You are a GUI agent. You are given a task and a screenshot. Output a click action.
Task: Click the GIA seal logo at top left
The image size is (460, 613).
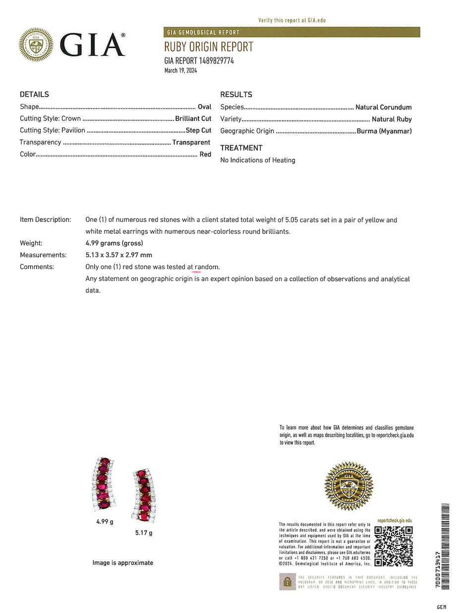click(36, 45)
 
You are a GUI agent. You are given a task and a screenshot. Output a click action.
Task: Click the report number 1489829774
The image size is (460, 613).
click(216, 61)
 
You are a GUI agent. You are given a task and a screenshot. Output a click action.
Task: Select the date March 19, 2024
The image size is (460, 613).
click(180, 70)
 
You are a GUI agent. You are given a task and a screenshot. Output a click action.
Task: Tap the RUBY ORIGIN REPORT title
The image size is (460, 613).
click(209, 47)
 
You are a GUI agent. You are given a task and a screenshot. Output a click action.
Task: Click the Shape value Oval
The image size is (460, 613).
click(204, 107)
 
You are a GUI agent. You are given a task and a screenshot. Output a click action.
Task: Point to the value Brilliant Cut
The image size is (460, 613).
click(193, 118)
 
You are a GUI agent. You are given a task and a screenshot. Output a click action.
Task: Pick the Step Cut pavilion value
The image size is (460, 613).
click(198, 130)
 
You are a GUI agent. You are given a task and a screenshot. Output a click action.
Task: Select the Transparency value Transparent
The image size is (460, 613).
click(191, 142)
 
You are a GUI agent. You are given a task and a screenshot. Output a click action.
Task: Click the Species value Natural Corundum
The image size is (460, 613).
click(383, 107)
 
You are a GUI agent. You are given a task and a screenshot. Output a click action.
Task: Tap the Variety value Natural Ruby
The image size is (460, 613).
click(392, 119)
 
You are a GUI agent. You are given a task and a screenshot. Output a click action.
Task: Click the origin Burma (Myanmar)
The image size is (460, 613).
click(384, 131)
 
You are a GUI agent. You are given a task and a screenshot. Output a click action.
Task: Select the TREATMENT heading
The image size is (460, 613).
click(241, 148)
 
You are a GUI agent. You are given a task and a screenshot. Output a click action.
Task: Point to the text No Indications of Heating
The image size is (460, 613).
click(257, 160)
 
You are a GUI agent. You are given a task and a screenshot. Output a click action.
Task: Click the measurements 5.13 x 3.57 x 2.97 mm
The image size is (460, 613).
click(118, 255)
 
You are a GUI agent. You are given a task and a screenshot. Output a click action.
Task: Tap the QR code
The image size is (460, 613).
click(394, 547)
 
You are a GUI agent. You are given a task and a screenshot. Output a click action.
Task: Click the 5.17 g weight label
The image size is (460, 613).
click(144, 533)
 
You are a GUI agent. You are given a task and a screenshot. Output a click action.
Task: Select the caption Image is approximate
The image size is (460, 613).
click(122, 562)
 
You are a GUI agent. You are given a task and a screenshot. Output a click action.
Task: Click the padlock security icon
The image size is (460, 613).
click(287, 582)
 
